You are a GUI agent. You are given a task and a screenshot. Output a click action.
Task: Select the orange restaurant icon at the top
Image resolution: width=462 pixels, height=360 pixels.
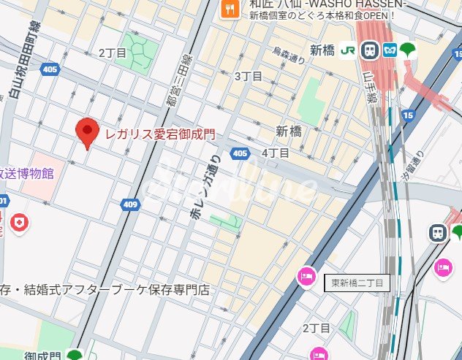click(x=229, y=9)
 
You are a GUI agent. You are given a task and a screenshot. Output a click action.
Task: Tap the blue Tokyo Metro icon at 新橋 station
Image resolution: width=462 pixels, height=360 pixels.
click(x=390, y=50)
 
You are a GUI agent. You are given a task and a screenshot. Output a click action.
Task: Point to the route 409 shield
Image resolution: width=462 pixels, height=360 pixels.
click(x=130, y=204)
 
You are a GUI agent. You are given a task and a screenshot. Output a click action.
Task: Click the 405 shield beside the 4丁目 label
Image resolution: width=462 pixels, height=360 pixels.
click(x=240, y=153)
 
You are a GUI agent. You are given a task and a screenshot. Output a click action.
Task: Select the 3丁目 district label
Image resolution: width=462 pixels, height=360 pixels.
click(x=248, y=77)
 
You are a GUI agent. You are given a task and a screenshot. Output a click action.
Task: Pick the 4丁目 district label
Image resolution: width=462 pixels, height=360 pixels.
click(x=276, y=153)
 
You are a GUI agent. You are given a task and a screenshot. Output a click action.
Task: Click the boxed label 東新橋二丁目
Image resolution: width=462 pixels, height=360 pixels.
click(x=358, y=283)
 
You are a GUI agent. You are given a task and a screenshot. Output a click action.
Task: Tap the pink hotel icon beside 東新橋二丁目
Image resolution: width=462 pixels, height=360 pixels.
click(x=306, y=277)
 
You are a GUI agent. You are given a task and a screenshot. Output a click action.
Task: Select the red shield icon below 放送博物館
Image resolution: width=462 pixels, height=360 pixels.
click(x=20, y=223)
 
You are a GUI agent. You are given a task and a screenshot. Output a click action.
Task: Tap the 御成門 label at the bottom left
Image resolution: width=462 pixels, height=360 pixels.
click(x=42, y=354)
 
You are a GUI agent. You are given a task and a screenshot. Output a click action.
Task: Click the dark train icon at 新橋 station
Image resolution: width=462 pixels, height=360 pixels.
click(x=370, y=50)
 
